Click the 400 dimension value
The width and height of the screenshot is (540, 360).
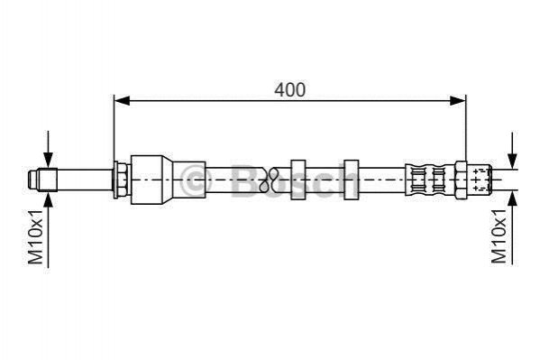coord(289,90)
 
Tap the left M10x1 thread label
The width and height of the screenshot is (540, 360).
coord(35,236)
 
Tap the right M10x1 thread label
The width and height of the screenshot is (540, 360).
coord(499,235)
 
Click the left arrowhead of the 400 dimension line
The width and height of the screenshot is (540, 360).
coord(122,101)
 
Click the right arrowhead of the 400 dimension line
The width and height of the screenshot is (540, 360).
coord(458,101)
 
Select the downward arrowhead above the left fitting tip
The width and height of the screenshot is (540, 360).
coord(48,160)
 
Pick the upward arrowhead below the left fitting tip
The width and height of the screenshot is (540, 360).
coord(48,200)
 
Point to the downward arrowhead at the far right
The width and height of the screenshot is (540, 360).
coord(513,161)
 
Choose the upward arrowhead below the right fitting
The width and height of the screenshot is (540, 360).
coord(513,198)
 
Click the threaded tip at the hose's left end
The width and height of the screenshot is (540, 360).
coord(42,180)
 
